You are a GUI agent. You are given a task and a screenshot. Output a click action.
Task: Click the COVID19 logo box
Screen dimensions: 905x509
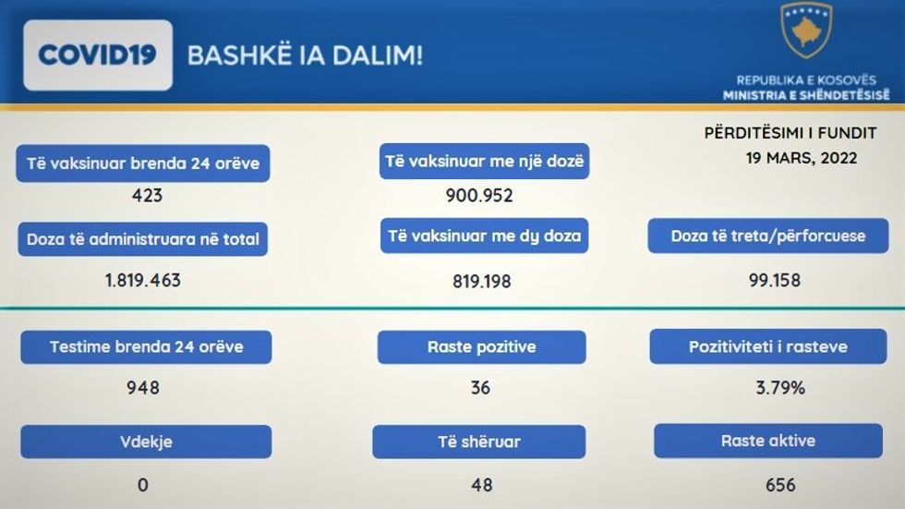pos(98,55)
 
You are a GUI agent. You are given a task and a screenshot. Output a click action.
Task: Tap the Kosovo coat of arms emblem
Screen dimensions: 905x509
pos(806,30)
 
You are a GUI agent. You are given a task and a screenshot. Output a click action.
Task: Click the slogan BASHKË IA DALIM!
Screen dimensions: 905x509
pos(306,56)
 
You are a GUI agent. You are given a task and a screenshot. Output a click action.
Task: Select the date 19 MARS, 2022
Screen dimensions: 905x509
pos(802,158)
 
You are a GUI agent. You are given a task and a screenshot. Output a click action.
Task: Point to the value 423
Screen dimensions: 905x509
pos(147,196)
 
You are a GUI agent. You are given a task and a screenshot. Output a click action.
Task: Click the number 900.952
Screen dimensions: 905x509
pos(479,196)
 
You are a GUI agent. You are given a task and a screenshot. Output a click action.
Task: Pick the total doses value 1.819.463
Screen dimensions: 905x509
pos(143,281)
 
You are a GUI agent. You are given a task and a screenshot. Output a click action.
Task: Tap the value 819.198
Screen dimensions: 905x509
pos(482,282)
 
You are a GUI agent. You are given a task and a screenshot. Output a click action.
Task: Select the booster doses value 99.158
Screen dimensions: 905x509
pos(775,281)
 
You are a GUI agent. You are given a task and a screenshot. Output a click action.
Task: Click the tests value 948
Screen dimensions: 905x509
pos(143,387)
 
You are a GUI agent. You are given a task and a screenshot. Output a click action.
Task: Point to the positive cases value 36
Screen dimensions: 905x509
pos(480,387)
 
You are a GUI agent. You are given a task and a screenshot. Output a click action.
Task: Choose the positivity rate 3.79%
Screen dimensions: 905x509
pos(780,387)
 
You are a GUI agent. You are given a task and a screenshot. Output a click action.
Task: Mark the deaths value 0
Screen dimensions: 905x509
pos(143,485)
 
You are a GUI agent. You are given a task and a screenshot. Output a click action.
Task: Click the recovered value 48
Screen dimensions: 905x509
pos(482,485)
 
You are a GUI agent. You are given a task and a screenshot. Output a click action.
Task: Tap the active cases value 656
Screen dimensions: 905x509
pos(780,485)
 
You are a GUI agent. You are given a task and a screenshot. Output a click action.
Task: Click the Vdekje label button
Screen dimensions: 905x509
pos(146,442)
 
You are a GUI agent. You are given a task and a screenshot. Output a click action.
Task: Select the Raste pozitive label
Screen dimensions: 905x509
pos(482,346)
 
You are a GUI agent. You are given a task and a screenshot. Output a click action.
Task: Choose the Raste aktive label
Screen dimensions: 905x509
pos(768,441)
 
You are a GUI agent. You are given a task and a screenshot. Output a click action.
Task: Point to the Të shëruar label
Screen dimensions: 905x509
pos(479,442)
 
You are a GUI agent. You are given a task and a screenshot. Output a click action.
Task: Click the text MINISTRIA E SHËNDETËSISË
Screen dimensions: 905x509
pos(806,95)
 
